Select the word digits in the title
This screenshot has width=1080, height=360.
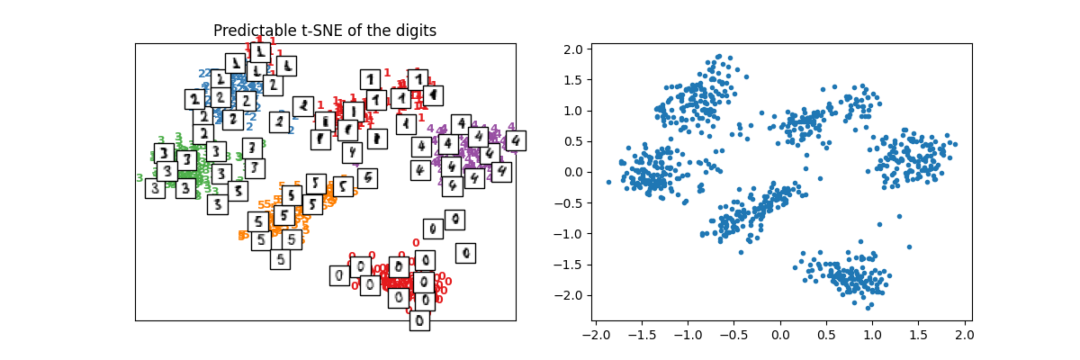414,31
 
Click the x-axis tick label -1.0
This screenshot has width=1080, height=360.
688,335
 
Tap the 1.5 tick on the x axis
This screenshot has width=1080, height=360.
919,335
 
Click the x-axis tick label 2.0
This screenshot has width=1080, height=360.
965,335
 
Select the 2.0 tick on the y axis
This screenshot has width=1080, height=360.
572,49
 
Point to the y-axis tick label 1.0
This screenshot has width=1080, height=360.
572,111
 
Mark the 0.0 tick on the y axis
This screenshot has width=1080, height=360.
572,172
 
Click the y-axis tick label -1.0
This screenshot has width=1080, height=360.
569,234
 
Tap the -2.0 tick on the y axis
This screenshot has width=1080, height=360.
569,295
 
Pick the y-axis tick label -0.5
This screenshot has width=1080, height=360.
569,203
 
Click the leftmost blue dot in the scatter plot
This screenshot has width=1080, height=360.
608,182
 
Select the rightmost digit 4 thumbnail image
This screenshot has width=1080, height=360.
515,141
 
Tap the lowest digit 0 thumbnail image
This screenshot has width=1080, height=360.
419,320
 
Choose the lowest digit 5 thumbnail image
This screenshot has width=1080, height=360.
280,259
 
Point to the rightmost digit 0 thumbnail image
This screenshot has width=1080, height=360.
465,253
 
